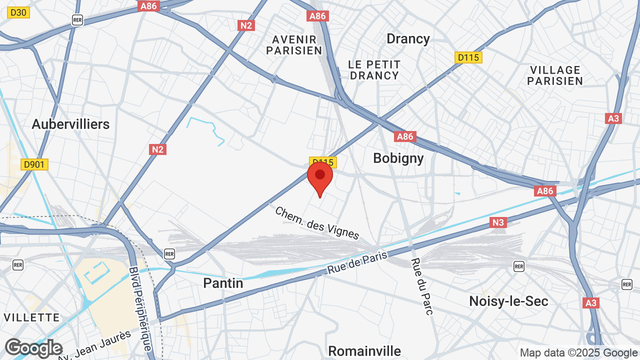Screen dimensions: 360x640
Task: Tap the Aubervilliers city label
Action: (70, 124)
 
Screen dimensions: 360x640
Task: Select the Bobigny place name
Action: (398, 158)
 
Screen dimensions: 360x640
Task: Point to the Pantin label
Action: (223, 283)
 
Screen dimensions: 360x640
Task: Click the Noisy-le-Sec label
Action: (508, 301)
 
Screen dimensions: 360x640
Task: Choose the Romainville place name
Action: (364, 351)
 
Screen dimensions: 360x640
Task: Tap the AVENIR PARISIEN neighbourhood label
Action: (294, 45)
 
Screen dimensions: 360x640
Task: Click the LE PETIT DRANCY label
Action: (374, 70)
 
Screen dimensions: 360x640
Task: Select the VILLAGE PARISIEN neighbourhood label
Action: (555, 75)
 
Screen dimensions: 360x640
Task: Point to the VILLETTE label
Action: (31, 317)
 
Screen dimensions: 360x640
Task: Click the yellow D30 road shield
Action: (18, 12)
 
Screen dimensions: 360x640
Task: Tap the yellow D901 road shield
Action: (34, 164)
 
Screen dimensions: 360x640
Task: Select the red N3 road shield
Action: (498, 222)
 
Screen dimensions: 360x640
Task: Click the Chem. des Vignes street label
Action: (317, 223)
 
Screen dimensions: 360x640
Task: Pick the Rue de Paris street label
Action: (357, 262)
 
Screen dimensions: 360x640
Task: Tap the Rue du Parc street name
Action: (422, 286)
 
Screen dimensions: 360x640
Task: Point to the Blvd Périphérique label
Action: (140, 308)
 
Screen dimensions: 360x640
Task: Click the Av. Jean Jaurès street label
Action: (95, 345)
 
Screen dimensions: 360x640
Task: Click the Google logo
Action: (33, 348)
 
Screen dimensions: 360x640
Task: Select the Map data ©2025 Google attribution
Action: (579, 353)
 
